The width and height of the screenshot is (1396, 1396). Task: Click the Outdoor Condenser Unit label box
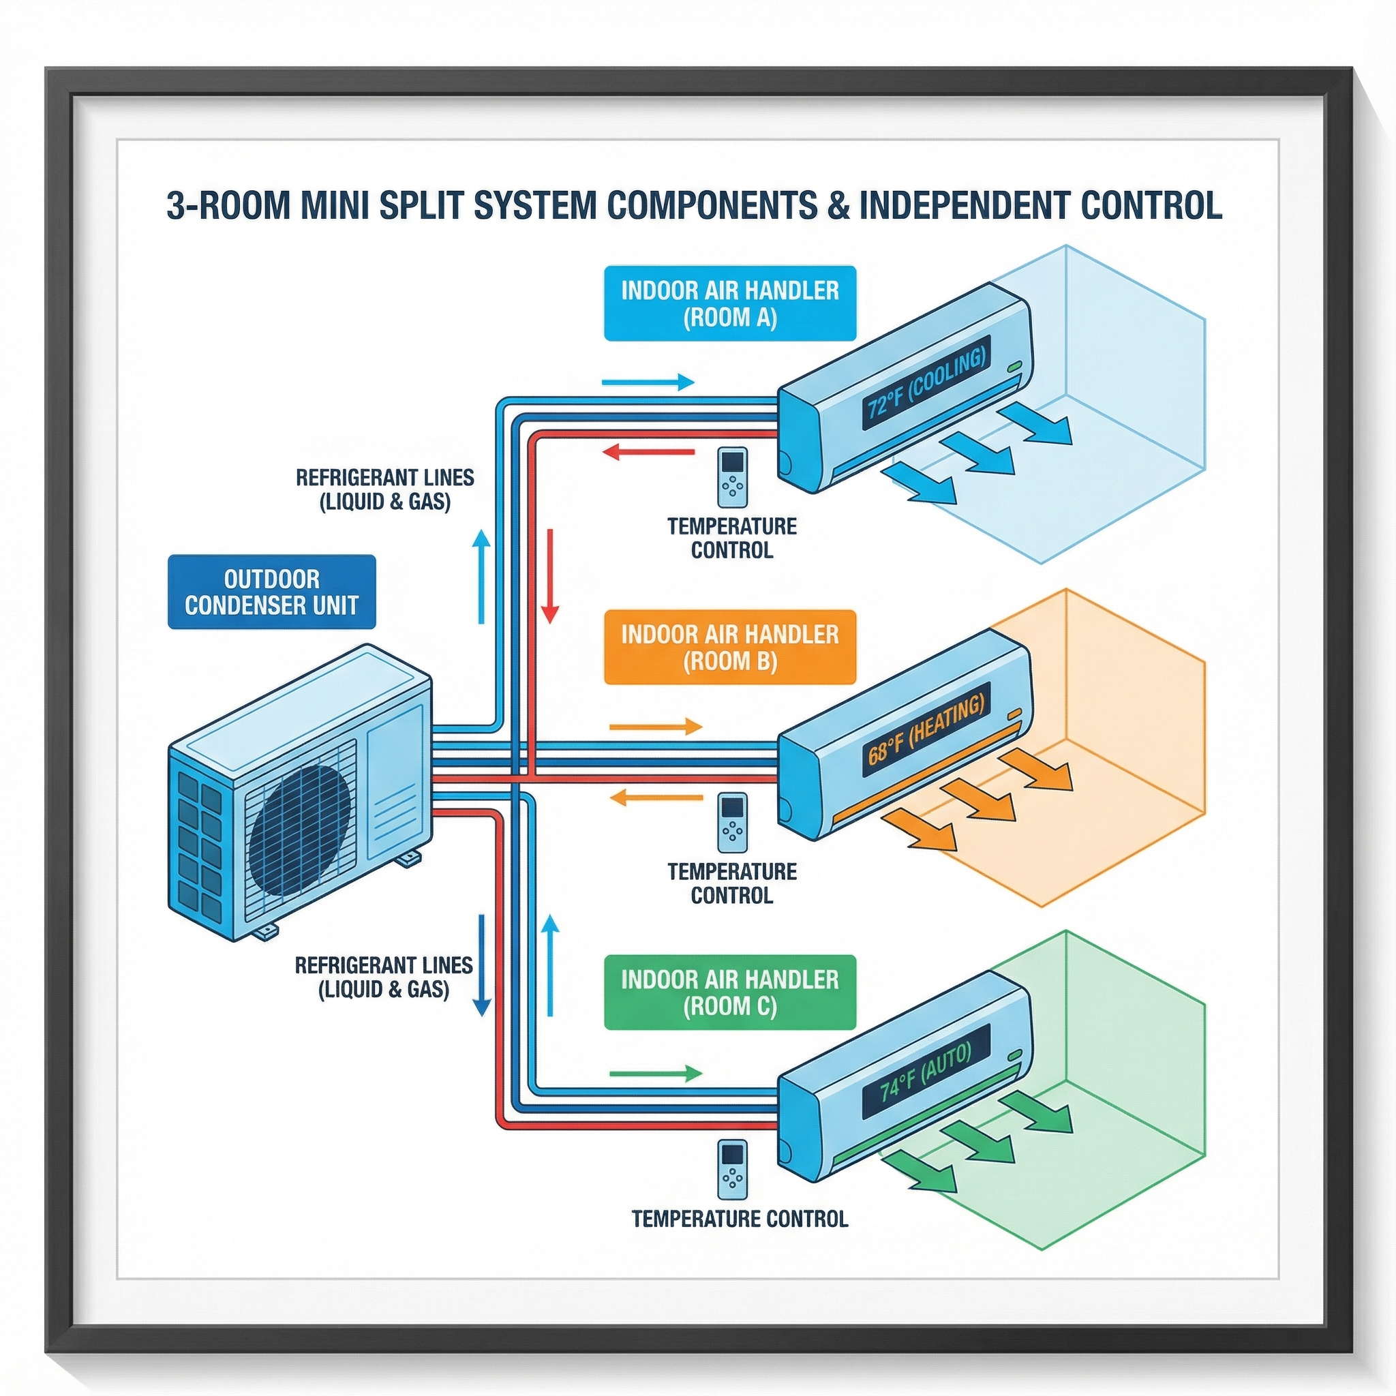point(272,592)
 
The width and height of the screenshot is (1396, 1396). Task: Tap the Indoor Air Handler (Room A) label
point(730,303)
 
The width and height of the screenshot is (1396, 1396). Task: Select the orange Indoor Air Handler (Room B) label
point(730,648)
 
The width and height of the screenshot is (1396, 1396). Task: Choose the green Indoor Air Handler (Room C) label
point(730,992)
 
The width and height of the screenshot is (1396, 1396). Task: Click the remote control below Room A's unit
point(733,478)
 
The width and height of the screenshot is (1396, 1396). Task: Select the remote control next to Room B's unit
point(733,822)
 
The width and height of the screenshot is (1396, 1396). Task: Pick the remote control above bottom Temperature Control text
point(733,1168)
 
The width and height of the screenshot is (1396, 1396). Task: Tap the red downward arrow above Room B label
point(551,576)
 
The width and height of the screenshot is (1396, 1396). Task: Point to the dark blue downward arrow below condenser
point(482,965)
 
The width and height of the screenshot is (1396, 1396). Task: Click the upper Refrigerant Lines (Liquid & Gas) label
point(385,489)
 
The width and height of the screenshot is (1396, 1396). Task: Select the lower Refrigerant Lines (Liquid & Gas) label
point(384,977)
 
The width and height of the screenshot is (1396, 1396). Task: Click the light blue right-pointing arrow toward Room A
point(648,382)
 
